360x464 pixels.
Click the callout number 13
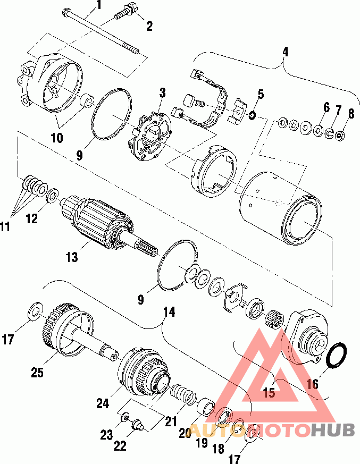(x=72, y=257)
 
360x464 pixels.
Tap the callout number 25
(x=38, y=372)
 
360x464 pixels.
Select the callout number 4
(x=285, y=52)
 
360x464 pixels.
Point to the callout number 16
(x=313, y=384)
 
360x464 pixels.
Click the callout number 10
(x=57, y=138)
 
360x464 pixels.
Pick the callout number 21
(x=171, y=421)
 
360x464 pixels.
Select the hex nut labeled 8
(x=339, y=136)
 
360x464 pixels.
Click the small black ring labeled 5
(x=252, y=115)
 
